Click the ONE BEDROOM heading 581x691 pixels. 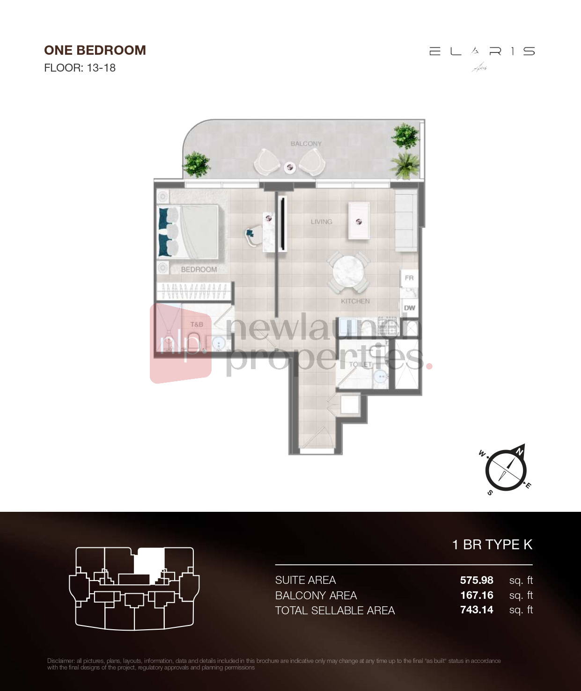pos(95,50)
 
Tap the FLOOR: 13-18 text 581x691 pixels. pos(80,68)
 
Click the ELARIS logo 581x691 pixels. pos(482,51)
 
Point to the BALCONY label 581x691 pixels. pos(306,144)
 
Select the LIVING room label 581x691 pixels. pos(321,222)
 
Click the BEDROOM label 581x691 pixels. pos(199,269)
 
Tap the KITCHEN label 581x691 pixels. pos(355,301)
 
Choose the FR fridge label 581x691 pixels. pos(409,278)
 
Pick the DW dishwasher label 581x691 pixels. pos(409,308)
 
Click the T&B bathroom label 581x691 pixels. pos(197,324)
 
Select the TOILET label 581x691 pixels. pos(360,364)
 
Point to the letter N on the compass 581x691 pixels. pos(519,451)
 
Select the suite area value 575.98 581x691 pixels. pos(476,580)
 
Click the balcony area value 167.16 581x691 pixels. pos(476,595)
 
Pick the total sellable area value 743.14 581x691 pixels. pos(476,610)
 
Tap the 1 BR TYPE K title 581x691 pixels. pos(492,545)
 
